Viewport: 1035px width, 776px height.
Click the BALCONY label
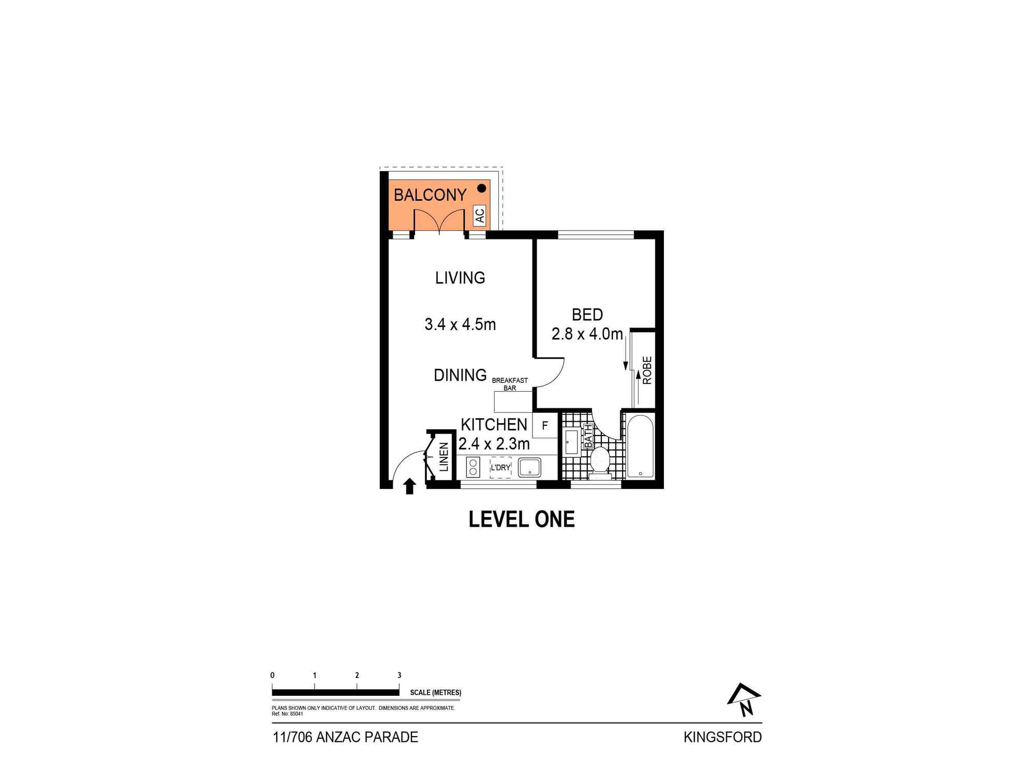point(430,195)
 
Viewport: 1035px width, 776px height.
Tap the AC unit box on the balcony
point(480,215)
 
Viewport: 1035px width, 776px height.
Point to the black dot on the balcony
point(481,188)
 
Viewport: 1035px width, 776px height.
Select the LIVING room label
point(460,278)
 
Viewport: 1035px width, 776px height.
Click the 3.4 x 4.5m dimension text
point(460,324)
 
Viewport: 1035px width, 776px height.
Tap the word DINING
point(460,375)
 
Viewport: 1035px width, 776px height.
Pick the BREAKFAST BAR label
point(510,384)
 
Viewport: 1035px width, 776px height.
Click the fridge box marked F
point(545,426)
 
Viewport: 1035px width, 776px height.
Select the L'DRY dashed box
point(500,467)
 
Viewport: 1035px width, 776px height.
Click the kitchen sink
point(529,467)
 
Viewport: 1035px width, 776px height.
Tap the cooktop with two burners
point(473,467)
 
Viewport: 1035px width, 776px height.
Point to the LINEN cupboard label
point(443,457)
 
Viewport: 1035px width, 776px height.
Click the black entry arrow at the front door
point(409,486)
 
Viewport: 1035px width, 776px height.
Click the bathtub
point(641,446)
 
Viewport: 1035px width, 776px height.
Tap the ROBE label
point(647,370)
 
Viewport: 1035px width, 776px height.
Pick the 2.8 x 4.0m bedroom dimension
point(587,334)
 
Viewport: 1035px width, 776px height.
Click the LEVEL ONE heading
point(522,519)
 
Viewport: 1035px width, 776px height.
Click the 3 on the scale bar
point(399,675)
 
